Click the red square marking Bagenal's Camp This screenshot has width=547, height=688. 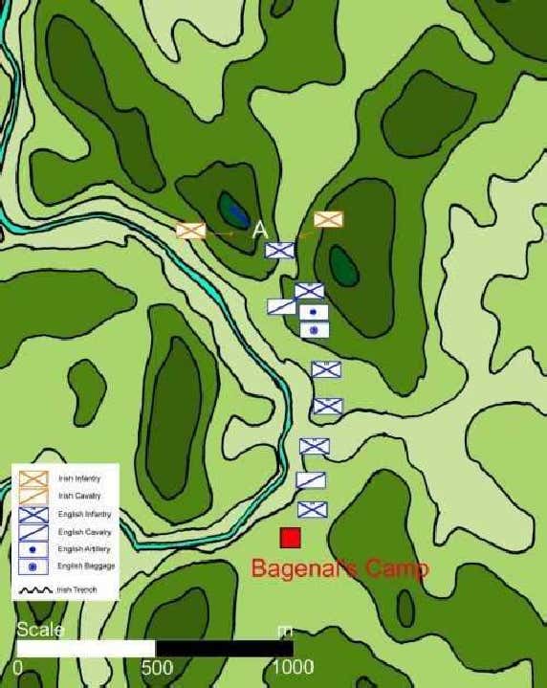click(290, 538)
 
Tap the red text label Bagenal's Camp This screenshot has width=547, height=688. click(339, 568)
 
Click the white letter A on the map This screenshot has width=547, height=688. click(259, 230)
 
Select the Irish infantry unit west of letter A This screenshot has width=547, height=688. click(191, 231)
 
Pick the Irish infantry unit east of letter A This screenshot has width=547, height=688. click(328, 219)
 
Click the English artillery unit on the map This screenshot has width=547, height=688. click(314, 312)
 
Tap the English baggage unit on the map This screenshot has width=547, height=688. click(315, 329)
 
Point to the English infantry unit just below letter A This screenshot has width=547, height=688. click(280, 250)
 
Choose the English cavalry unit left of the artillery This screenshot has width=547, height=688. click(281, 306)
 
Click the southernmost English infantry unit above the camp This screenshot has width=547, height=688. click(312, 509)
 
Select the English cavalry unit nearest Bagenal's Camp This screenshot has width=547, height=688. click(311, 479)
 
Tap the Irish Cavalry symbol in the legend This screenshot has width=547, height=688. click(33, 495)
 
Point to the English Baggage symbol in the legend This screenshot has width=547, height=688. click(33, 567)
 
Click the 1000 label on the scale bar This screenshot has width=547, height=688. click(292, 666)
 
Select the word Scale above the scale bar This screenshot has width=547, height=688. click(40, 630)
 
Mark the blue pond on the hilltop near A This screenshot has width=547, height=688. click(232, 207)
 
